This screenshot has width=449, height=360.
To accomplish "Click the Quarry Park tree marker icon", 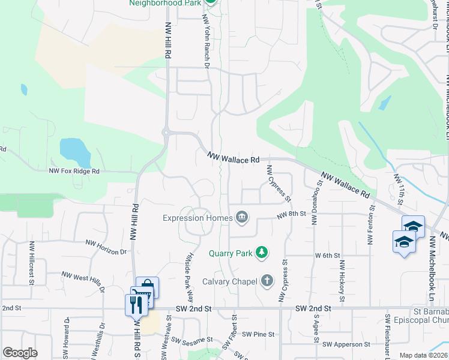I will (x=261, y=253).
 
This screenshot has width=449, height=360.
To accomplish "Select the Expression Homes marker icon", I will (x=241, y=217).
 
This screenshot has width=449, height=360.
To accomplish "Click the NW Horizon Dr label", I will (x=107, y=247).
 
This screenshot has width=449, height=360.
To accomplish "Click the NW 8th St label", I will (x=292, y=214).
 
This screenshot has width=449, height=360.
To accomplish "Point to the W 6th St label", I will (x=328, y=255).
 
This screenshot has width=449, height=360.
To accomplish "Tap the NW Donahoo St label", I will (x=314, y=202).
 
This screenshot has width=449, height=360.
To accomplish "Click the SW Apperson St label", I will (x=346, y=344).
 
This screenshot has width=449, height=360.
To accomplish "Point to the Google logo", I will (x=20, y=353).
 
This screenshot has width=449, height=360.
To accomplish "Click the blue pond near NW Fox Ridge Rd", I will (x=76, y=152).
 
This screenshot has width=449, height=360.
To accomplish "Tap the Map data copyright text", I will (x=423, y=355).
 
